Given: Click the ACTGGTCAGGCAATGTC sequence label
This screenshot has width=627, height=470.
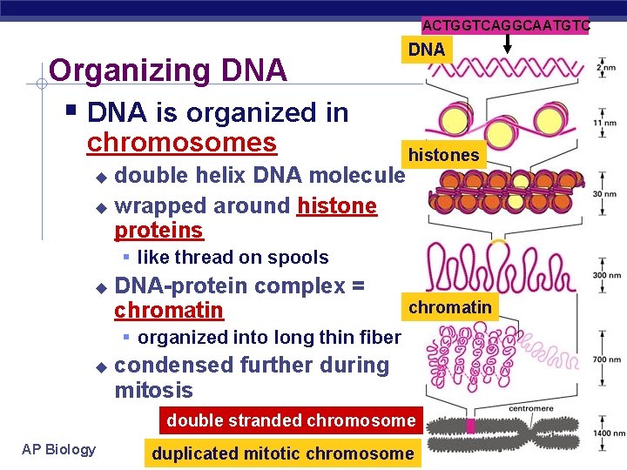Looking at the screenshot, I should [x=506, y=26].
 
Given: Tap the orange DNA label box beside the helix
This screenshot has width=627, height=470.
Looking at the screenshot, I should [x=426, y=50].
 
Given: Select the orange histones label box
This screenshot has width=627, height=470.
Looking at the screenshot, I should [x=443, y=155].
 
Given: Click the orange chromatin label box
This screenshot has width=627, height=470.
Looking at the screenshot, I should [x=449, y=306].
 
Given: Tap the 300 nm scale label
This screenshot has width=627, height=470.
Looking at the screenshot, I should [x=603, y=275].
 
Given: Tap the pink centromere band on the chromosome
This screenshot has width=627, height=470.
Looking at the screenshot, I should [x=471, y=426].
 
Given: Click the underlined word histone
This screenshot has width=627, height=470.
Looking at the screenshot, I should [x=337, y=206].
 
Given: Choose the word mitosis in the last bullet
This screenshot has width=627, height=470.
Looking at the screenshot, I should [x=153, y=390].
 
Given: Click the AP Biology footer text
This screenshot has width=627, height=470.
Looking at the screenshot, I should [x=58, y=449].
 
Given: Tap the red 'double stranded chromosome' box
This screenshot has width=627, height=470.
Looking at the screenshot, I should [x=291, y=420].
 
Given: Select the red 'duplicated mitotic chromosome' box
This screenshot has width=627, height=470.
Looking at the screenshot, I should [x=283, y=453].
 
